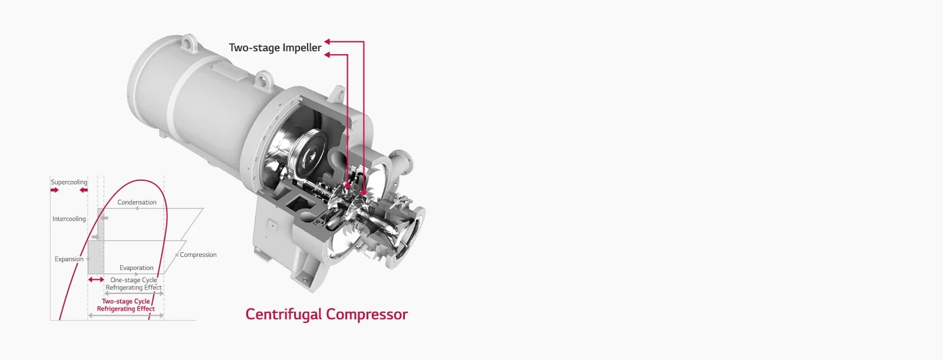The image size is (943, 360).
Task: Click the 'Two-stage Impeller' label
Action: coord(275,48)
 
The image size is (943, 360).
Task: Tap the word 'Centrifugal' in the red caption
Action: coord(283,314)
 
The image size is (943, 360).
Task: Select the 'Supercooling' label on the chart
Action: coord(69,182)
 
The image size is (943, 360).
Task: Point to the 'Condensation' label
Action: coord(137,202)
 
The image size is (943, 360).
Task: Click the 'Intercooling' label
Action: coord(69,219)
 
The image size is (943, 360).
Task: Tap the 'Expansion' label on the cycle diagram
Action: coord(69,259)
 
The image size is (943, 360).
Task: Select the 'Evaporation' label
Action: coord(136,267)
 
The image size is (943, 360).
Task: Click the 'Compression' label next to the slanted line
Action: coord(198,255)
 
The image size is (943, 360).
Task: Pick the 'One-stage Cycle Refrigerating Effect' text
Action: coord(134,283)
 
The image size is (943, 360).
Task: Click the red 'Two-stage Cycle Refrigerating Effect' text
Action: coord(126,305)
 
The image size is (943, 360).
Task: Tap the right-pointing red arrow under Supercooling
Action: coord(55,190)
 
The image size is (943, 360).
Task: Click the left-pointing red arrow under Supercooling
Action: coord(83,190)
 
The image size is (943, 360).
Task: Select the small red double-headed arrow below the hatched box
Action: coord(96,279)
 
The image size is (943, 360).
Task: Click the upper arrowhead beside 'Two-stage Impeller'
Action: coord(328,41)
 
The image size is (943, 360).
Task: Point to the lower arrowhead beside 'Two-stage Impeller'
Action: coord(328,55)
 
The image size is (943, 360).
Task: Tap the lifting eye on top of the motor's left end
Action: coord(188,42)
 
